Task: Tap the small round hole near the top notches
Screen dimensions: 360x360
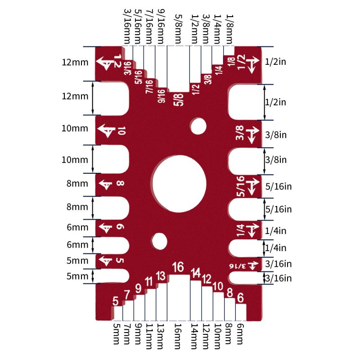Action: coord(197,126)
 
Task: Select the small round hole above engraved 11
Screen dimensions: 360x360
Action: coord(158,241)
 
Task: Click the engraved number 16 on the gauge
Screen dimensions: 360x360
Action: coord(178,267)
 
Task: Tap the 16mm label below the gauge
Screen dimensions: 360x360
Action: coord(179,337)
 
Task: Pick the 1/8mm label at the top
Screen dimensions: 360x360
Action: coord(229,27)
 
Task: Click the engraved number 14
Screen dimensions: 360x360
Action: coord(195,273)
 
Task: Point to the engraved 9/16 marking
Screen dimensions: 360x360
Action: coord(162,96)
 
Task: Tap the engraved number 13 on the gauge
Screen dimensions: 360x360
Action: coord(161,276)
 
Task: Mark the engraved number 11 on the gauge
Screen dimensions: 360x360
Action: coord(149,282)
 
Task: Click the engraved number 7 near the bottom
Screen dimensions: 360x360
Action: coord(127,295)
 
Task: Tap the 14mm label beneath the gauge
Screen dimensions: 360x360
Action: coord(195,337)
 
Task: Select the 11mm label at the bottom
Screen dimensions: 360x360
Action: coord(149,337)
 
